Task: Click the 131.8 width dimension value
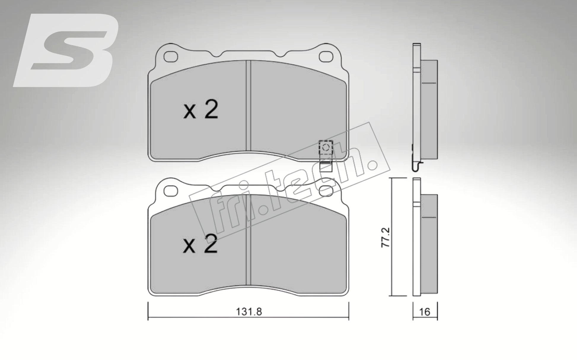pos(249,312)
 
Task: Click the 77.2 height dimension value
pos(386,237)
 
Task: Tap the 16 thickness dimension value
pos(425,312)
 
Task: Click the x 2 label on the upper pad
pos(201,110)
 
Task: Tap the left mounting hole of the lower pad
pos(171,191)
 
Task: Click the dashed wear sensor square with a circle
pos(326,147)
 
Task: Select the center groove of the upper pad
pos(248,107)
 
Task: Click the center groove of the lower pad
pos(248,242)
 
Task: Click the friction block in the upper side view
pos(429,110)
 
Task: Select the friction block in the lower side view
pos(429,243)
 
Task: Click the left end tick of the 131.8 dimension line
pos(148,312)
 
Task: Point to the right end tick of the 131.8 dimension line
pos(349,312)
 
